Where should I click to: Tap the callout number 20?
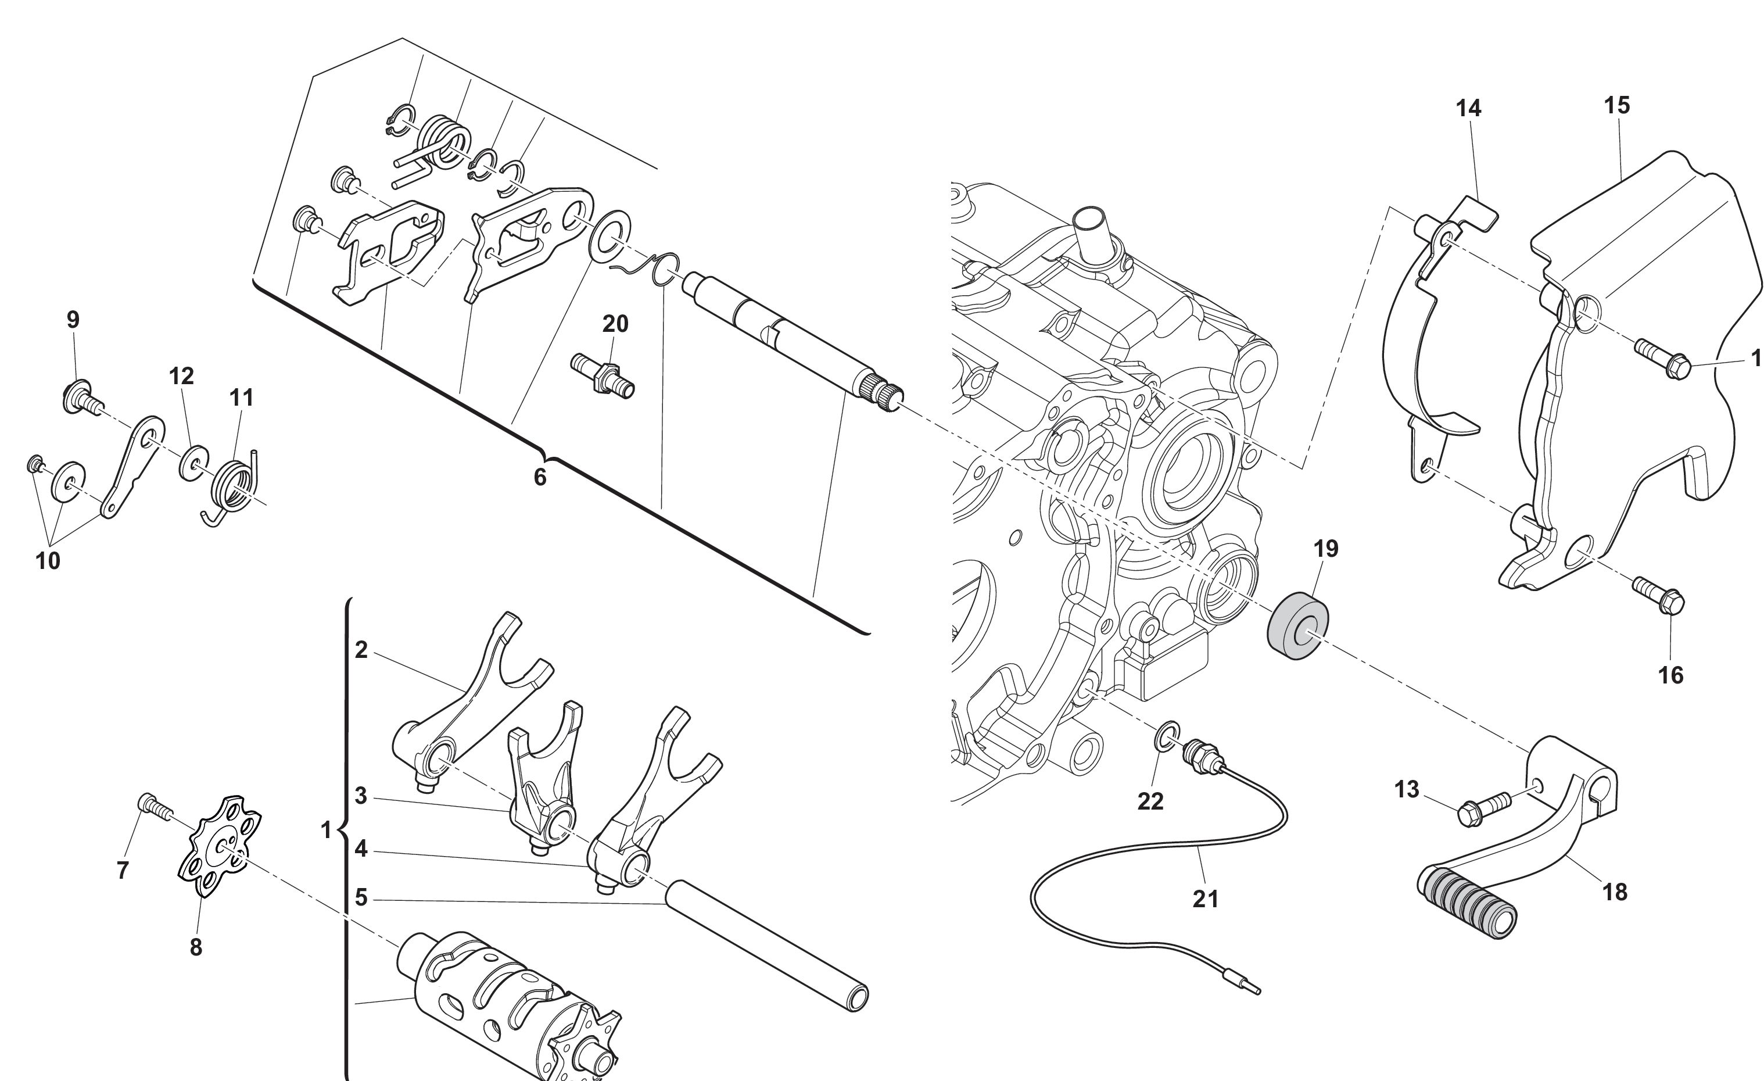pos(615,324)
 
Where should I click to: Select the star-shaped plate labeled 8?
pos(219,846)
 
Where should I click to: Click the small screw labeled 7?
pos(155,806)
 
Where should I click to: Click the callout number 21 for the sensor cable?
pos(1206,899)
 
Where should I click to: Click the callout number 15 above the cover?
pos(1617,105)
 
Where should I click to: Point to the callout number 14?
pos(1468,108)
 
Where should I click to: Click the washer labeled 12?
pos(193,463)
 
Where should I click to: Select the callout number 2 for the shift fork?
pos(361,649)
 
